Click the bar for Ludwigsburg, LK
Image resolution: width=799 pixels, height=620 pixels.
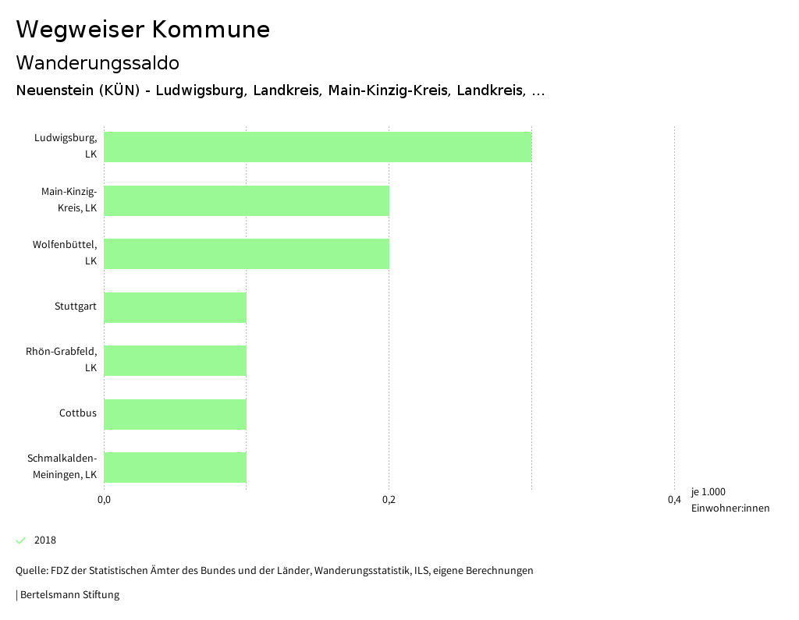318,147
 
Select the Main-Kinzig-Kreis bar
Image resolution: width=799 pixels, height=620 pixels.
247,200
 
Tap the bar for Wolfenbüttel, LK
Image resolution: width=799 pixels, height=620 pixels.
247,253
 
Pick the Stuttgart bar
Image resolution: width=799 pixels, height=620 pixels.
175,307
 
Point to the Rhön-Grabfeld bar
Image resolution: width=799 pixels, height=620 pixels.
175,360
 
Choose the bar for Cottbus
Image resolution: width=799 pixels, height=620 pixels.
175,414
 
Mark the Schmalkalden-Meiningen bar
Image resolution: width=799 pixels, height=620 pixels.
175,467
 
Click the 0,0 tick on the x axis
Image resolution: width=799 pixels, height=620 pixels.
104,500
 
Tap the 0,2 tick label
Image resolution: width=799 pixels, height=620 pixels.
389,500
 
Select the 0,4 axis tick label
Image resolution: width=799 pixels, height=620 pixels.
674,500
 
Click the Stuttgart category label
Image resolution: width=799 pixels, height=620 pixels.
76,306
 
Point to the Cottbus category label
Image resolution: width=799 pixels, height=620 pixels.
78,413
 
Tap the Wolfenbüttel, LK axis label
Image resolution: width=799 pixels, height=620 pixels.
66,253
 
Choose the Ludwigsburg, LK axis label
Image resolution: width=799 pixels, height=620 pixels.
66,146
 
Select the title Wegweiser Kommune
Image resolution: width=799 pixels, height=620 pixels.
143,30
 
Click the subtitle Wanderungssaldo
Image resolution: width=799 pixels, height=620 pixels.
98,62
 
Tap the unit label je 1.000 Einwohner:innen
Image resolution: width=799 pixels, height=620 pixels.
730,500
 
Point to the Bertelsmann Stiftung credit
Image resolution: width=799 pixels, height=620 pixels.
69,595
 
